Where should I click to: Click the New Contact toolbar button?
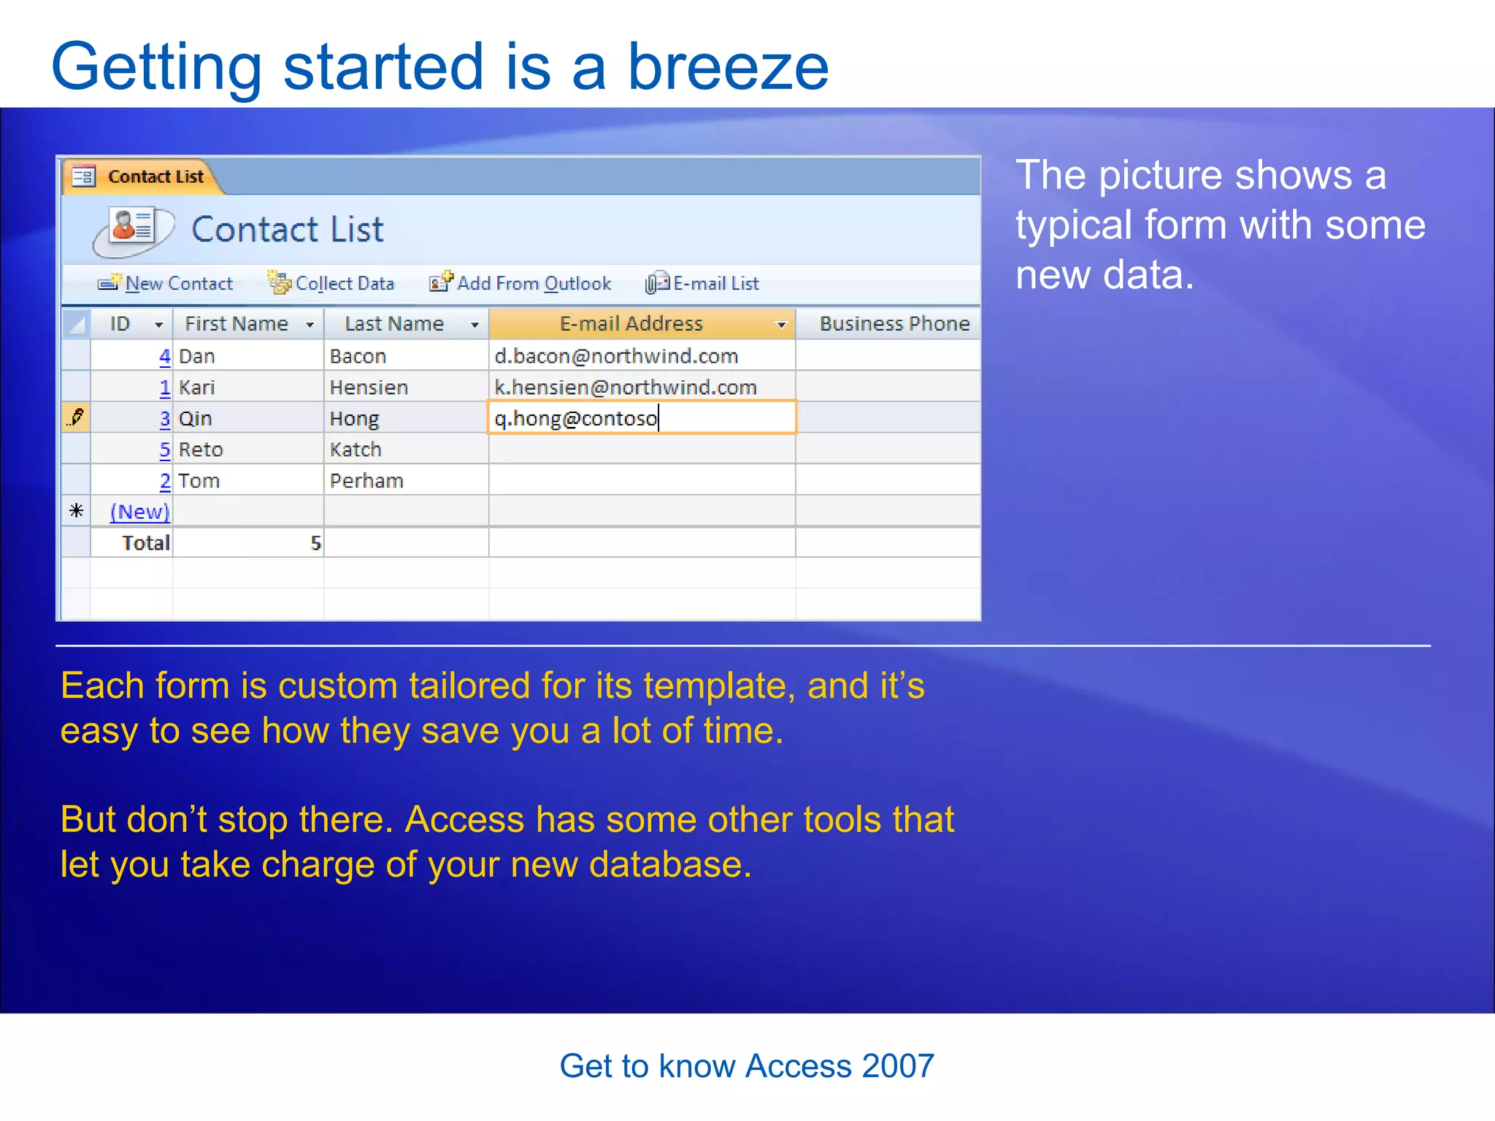(166, 283)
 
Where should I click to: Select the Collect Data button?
(331, 283)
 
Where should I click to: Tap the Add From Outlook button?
(521, 283)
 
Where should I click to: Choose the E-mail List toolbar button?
(703, 283)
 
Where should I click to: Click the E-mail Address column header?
(631, 324)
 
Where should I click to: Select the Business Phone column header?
(893, 324)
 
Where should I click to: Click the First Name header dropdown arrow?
(310, 325)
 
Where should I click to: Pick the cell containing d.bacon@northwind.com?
(616, 356)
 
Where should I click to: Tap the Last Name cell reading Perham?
(366, 481)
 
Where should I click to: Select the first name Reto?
(201, 450)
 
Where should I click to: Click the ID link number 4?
(165, 356)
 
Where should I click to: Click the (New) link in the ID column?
(139, 512)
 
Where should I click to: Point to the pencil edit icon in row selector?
(76, 418)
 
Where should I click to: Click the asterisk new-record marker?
(76, 511)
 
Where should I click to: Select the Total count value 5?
(315, 543)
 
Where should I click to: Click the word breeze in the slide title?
(728, 67)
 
